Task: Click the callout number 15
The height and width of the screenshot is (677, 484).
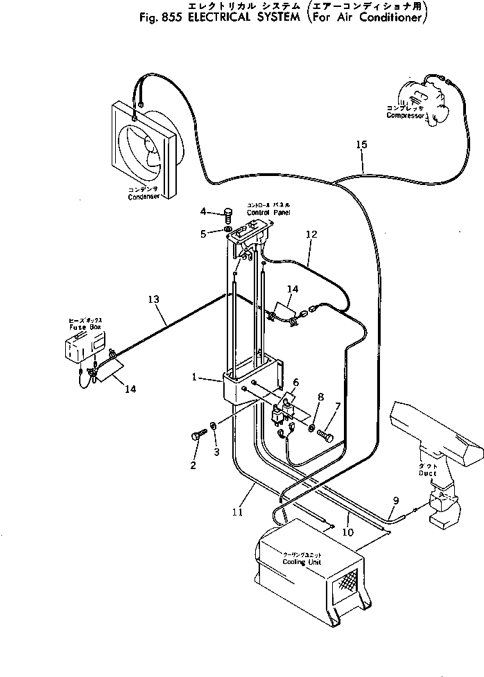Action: click(x=361, y=145)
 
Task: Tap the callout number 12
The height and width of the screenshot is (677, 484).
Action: click(x=311, y=235)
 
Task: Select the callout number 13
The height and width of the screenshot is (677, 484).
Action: click(x=153, y=299)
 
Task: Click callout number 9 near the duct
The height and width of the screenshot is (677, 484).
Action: click(x=397, y=500)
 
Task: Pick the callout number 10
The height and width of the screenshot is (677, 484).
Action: click(x=347, y=532)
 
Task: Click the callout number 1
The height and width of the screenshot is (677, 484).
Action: click(x=196, y=378)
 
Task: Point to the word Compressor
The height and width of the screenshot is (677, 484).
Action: click(x=406, y=116)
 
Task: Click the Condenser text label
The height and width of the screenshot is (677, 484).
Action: click(x=144, y=197)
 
